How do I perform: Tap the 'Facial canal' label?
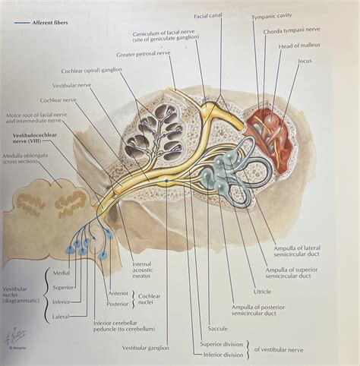[209, 14]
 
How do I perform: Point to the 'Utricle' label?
[263, 292]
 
